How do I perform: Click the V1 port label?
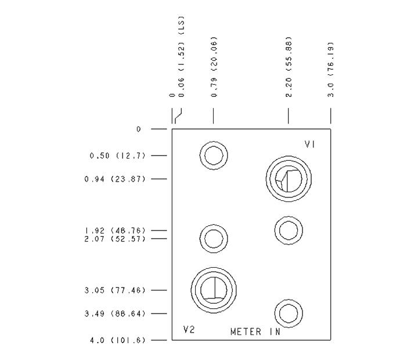tap(310, 144)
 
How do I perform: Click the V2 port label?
tap(189, 330)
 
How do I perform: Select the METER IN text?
tap(255, 332)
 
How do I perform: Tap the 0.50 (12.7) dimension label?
tap(117, 156)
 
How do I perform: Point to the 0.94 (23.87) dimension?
tap(114, 179)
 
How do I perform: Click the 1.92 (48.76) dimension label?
tap(114, 231)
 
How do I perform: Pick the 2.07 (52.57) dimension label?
tap(114, 239)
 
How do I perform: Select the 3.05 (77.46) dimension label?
tap(114, 290)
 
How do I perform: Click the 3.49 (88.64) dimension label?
tap(114, 314)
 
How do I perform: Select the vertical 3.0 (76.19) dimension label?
tap(330, 69)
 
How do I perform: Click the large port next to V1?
tap(289, 177)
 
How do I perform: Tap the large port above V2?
tap(214, 289)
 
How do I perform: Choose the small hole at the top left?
tap(213, 155)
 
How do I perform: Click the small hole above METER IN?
tap(288, 314)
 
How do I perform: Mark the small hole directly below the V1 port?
tap(288, 229)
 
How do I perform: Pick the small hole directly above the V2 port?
tap(213, 237)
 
